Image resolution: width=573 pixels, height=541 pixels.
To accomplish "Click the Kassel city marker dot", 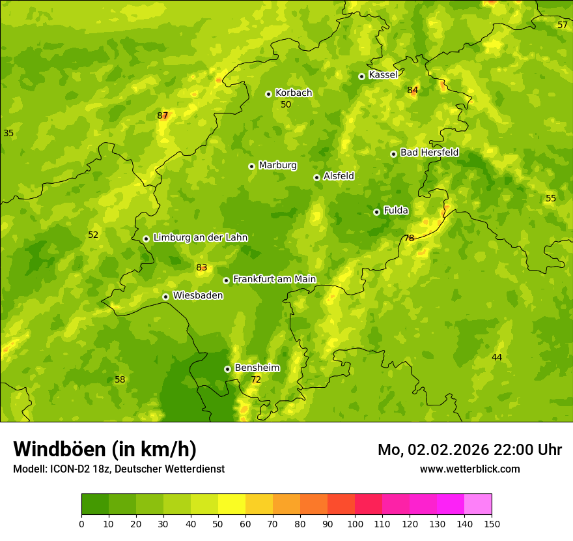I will (x=361, y=76).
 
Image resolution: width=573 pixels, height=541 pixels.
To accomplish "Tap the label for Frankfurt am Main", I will (x=274, y=279).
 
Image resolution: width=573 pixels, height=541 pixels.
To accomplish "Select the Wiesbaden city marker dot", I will (x=165, y=297).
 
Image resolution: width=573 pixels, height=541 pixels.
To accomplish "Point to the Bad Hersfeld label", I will (x=429, y=153).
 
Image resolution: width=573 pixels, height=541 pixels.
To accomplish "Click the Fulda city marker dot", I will (x=376, y=212).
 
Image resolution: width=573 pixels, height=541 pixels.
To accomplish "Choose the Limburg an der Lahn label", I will (x=200, y=237).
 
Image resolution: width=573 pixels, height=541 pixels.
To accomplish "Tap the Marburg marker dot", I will (x=251, y=166).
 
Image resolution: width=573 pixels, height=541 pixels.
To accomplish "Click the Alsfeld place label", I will (x=339, y=176).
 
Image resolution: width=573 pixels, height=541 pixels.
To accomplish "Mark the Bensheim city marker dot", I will (x=227, y=369).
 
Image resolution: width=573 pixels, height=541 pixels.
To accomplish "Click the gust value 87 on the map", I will (x=163, y=116).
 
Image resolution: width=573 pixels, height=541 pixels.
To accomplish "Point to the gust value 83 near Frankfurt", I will (x=201, y=267).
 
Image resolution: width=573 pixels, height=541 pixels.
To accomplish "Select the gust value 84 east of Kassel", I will (x=412, y=90).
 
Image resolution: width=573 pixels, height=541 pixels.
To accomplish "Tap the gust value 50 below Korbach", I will (x=286, y=104).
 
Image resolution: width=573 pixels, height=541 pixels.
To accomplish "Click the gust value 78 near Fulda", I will (x=409, y=238).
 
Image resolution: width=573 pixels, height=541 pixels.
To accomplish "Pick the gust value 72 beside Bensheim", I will (x=256, y=379).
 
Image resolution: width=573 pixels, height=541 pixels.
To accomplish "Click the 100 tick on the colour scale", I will (x=355, y=523).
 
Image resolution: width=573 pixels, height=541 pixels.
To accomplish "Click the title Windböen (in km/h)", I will (x=104, y=449).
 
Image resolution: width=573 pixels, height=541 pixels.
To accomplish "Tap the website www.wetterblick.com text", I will (x=469, y=469).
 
